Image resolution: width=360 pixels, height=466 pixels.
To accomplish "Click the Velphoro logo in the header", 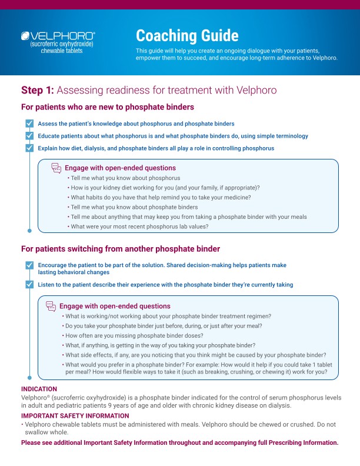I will (58, 35).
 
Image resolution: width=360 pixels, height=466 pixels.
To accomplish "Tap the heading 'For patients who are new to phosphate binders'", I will (108, 107).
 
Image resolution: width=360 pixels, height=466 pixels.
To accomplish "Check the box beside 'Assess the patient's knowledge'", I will (29, 124).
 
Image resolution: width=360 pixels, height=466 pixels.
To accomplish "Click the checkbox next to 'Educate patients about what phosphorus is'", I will (29, 136).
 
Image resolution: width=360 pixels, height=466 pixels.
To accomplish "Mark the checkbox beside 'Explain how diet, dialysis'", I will (29, 148).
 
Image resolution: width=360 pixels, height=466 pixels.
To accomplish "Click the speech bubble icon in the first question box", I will (56, 168).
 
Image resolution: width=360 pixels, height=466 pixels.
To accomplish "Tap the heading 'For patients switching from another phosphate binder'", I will (121, 248).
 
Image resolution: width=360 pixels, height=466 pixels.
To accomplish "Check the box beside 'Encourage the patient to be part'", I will (29, 265).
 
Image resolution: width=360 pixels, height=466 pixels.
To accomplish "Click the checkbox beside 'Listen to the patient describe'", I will (29, 285).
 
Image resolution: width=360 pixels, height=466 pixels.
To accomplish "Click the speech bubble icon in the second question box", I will (51, 306).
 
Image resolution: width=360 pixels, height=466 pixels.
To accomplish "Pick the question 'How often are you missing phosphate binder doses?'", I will (141, 335).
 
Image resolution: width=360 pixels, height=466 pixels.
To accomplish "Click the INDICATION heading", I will (39, 389).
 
